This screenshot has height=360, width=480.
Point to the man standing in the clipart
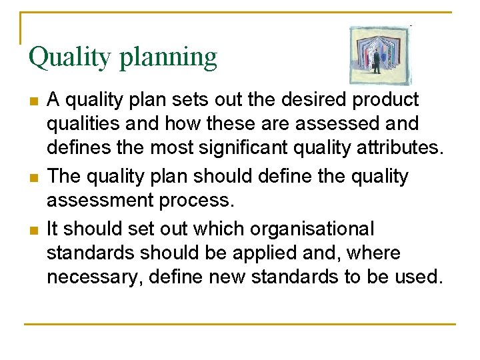376,62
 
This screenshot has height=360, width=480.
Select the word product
385,100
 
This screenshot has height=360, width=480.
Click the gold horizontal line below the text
240,325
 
